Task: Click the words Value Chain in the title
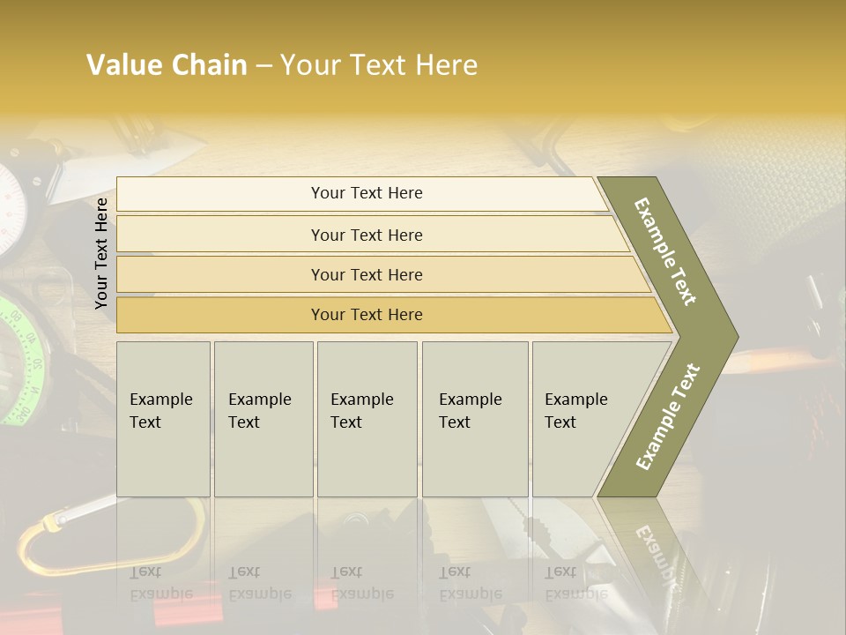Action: pos(167,65)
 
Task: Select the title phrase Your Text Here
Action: pos(379,65)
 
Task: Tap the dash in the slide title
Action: pos(263,66)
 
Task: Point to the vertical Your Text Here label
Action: pos(101,253)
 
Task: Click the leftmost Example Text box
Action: pos(163,419)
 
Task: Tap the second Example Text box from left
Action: pos(263,419)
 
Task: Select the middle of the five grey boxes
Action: pos(367,419)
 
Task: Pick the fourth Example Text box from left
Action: pos(475,419)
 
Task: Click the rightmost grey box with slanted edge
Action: pos(582,419)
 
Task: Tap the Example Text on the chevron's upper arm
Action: pos(665,251)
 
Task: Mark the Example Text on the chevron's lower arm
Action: pos(668,416)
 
